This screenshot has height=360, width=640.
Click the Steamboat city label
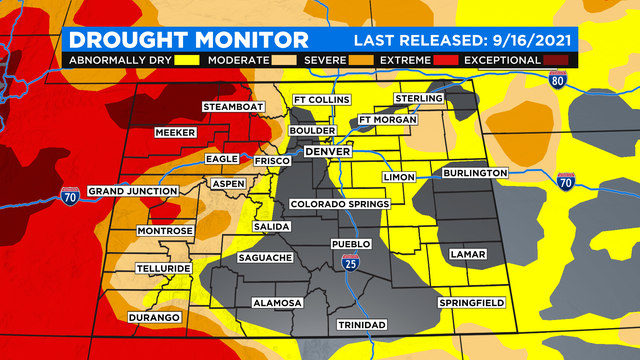point(233,106)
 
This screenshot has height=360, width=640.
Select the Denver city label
point(327,151)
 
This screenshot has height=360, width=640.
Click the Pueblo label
point(351,244)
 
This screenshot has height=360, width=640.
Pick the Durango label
point(154,317)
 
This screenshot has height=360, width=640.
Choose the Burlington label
point(470,173)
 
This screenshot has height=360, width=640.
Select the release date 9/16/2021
point(529,40)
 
